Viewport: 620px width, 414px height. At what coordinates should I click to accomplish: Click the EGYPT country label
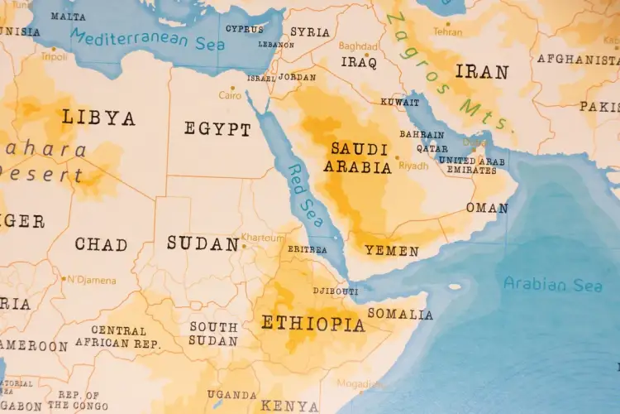pos(217,129)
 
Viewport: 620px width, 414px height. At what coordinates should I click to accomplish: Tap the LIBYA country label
pos(98,118)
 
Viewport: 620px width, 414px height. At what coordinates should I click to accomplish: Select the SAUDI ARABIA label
pos(359,158)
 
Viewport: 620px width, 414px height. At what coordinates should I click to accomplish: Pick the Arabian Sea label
pos(553,285)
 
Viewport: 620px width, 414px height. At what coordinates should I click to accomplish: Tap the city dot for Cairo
pos(233,88)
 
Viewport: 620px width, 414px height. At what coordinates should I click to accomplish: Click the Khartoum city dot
pos(244,245)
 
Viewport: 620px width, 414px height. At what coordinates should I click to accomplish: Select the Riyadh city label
pos(414,166)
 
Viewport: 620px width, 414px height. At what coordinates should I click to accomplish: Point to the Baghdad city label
pos(358,46)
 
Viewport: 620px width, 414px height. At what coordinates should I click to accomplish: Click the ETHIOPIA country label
pos(313,323)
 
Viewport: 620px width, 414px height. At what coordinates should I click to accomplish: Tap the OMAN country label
pos(487,208)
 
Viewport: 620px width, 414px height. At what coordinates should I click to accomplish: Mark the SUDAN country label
pos(203,243)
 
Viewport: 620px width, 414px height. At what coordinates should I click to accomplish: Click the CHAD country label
pos(101,244)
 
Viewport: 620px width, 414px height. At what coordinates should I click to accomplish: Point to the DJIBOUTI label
pos(336,291)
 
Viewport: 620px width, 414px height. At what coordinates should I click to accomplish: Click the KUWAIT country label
pos(399,102)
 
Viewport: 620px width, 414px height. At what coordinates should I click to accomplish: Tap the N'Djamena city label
pos(92,280)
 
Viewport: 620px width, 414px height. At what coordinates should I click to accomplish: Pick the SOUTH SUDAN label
pos(213,334)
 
